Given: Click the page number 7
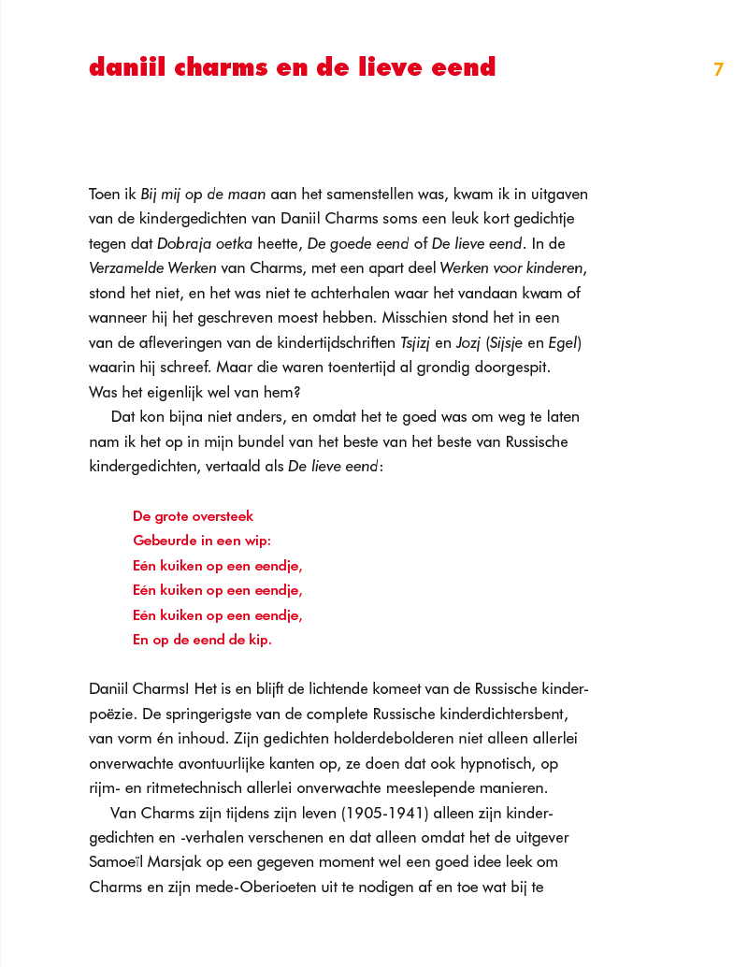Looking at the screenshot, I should point(718,69).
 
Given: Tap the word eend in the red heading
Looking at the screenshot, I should point(458,68).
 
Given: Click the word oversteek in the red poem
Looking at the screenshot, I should point(219,516).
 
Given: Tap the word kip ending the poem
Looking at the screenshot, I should point(256,641).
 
